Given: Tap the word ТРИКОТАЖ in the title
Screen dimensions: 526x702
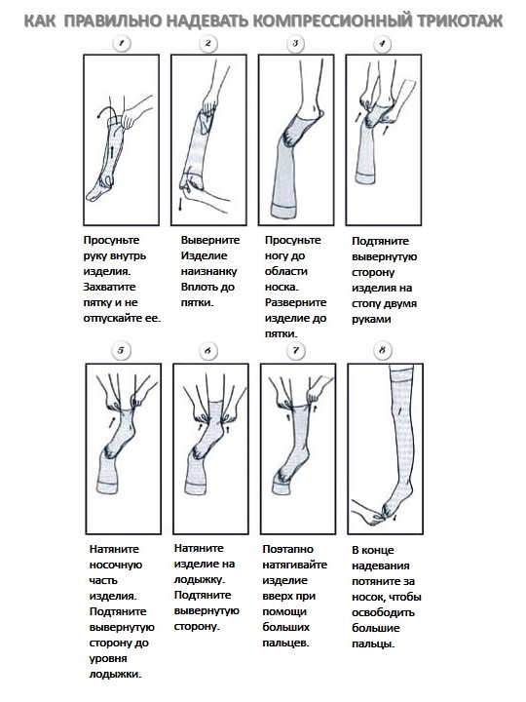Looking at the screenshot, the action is pyautogui.click(x=461, y=20).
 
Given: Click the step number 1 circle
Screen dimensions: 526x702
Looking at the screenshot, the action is pyautogui.click(x=122, y=44).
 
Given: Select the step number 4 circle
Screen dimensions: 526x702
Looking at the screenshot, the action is pyautogui.click(x=382, y=44).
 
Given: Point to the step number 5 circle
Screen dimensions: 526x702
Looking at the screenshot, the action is pyautogui.click(x=121, y=351).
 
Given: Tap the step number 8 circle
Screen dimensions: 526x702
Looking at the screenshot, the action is pyautogui.click(x=382, y=350).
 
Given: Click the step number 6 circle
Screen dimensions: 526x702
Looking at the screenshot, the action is pyautogui.click(x=207, y=351).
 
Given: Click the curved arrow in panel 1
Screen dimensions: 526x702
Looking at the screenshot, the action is pyautogui.click(x=109, y=109).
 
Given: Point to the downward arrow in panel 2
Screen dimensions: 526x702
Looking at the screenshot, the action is pyautogui.click(x=180, y=203).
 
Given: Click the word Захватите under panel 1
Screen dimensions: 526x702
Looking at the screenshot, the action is pyautogui.click(x=109, y=287).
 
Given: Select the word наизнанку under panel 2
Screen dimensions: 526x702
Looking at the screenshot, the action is pyautogui.click(x=208, y=272).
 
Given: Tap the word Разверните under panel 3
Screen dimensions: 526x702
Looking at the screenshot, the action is pyautogui.click(x=296, y=302).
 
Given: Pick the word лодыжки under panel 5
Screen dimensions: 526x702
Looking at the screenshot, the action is pyautogui.click(x=115, y=675).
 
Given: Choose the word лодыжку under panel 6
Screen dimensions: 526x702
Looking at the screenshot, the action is pyautogui.click(x=200, y=580).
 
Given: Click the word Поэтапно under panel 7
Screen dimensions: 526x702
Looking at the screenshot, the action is pyautogui.click(x=288, y=549).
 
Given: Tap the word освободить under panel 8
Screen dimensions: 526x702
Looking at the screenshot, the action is pyautogui.click(x=384, y=613).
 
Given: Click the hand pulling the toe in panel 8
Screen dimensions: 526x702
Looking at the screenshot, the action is pyautogui.click(x=367, y=511).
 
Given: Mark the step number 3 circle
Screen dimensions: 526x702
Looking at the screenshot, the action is pyautogui.click(x=295, y=44).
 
